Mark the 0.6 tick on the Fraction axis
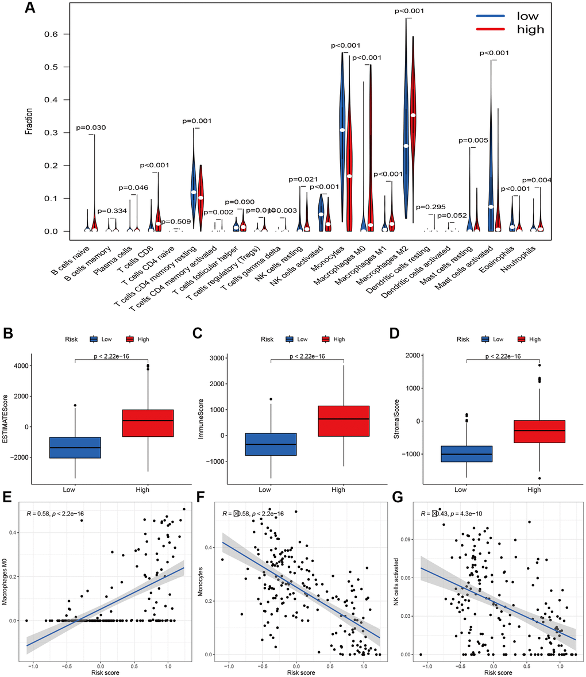pyautogui.click(x=52, y=34)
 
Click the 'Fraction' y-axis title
pyautogui.click(x=28, y=121)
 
